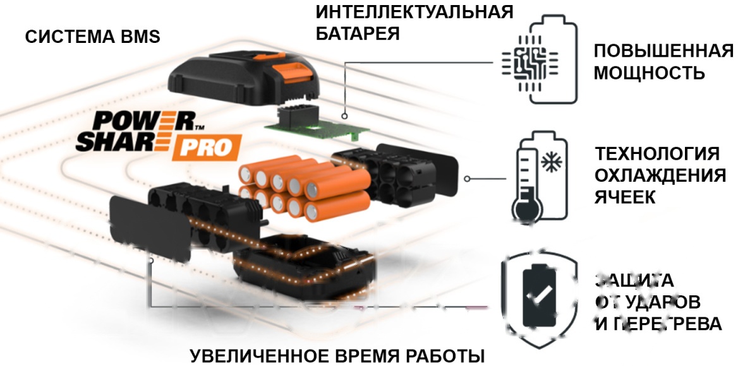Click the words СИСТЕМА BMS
pyautogui.click(x=92, y=37)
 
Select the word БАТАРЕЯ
pyautogui.click(x=358, y=33)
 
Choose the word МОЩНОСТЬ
pyautogui.click(x=649, y=73)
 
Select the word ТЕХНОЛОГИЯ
pyautogui.click(x=657, y=154)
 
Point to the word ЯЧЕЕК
pyautogui.click(x=625, y=197)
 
